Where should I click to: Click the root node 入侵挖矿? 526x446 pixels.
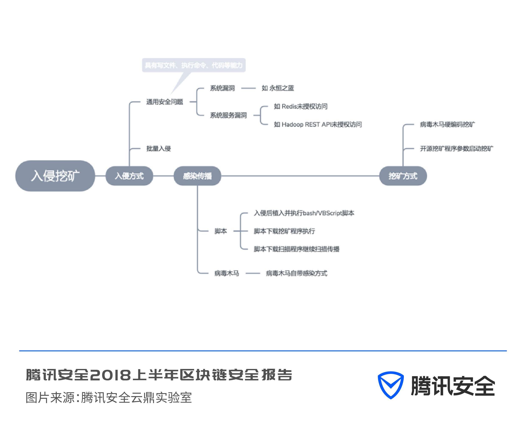[x=55, y=176]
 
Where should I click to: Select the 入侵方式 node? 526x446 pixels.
[x=129, y=176]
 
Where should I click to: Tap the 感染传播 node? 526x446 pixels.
[x=197, y=176]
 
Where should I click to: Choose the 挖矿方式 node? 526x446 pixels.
[x=403, y=176]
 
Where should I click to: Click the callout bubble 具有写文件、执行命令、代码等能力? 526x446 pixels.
[x=193, y=65]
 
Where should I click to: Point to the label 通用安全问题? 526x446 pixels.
[x=164, y=102]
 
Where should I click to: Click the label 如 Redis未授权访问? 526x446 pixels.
[x=300, y=106]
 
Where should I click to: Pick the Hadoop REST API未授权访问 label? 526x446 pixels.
[x=318, y=124]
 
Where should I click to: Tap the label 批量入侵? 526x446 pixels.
[x=158, y=148]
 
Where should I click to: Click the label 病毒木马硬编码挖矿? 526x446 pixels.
[x=447, y=124]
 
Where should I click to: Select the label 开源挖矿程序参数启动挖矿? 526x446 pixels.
[x=456, y=148]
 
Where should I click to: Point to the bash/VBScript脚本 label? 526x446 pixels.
[x=304, y=213]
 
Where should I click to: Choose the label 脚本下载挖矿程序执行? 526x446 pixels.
[x=284, y=231]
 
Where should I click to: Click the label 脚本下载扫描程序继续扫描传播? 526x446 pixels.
[x=296, y=249]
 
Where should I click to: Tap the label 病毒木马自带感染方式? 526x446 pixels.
[x=296, y=273]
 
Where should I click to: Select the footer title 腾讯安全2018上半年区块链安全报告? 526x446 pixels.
[x=159, y=375]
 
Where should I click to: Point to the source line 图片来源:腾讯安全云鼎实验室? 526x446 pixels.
[x=109, y=397]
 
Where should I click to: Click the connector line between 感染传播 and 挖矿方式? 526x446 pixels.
[x=300, y=176]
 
